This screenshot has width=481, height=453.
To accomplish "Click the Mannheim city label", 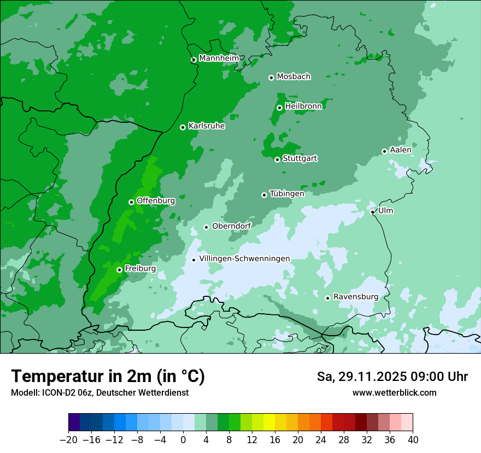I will click(219, 58).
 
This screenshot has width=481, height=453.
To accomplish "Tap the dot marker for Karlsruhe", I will click(183, 127).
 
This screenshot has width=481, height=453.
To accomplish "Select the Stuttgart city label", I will click(300, 159).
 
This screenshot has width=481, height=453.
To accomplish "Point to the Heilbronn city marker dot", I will click(279, 108).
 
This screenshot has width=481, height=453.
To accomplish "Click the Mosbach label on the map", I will click(294, 77).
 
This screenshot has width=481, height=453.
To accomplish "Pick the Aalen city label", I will click(401, 150).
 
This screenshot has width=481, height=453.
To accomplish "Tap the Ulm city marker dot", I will click(372, 212).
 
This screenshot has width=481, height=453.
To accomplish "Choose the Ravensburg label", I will click(356, 297).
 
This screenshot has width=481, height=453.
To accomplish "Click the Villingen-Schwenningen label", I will click(245, 259).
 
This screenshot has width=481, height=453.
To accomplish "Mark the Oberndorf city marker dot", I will click(206, 227).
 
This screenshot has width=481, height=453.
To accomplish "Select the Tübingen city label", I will click(287, 194).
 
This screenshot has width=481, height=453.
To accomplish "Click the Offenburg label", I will click(156, 201).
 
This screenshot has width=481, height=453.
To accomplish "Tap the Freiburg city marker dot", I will click(119, 270).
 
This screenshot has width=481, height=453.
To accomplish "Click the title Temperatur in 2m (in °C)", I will click(108, 376).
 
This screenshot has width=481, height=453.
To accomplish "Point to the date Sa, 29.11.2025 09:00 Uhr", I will click(392, 377).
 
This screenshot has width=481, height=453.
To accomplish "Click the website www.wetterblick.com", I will click(394, 392).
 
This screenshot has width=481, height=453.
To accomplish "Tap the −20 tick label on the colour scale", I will click(68, 440).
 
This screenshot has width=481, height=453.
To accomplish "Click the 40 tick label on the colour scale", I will click(413, 440).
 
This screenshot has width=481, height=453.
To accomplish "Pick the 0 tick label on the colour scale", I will click(183, 440).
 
